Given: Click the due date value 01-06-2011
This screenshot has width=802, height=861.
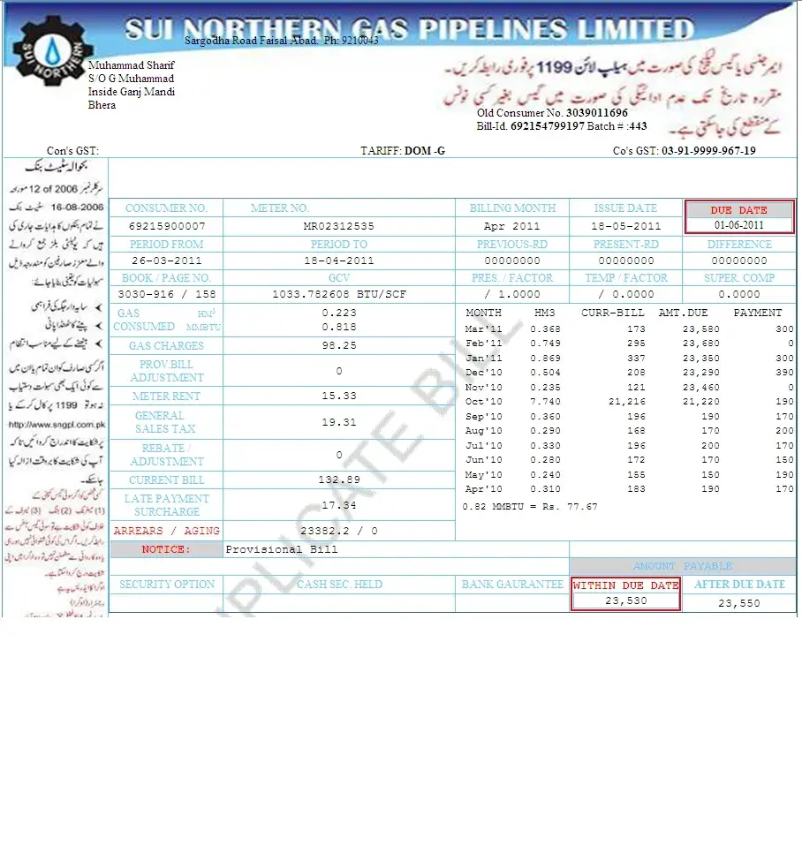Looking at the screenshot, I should (739, 226).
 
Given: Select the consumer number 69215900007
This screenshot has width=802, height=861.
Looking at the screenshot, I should (167, 226).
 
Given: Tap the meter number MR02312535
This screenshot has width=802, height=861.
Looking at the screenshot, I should (338, 226).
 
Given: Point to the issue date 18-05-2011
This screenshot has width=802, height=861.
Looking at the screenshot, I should (625, 226).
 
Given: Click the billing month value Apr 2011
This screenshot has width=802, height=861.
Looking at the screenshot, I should (512, 226).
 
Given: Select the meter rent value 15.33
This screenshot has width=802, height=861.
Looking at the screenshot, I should (338, 397).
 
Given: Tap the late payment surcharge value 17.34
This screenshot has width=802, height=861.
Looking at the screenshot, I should (338, 505).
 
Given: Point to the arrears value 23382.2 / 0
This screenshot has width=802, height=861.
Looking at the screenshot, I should (338, 531).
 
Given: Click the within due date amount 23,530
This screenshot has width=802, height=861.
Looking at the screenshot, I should (625, 600).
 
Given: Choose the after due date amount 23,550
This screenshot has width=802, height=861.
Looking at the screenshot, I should (738, 603).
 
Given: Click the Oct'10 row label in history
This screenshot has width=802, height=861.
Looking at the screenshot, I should (483, 402).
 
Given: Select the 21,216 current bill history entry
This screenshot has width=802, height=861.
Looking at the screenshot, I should (626, 402).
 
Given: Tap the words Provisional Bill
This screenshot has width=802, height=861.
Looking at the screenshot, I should (281, 549).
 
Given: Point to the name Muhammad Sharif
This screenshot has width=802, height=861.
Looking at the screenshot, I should (131, 65).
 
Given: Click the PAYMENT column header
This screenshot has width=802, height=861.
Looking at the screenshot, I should (757, 313).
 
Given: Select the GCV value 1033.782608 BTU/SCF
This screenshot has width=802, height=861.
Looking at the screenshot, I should (338, 294).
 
